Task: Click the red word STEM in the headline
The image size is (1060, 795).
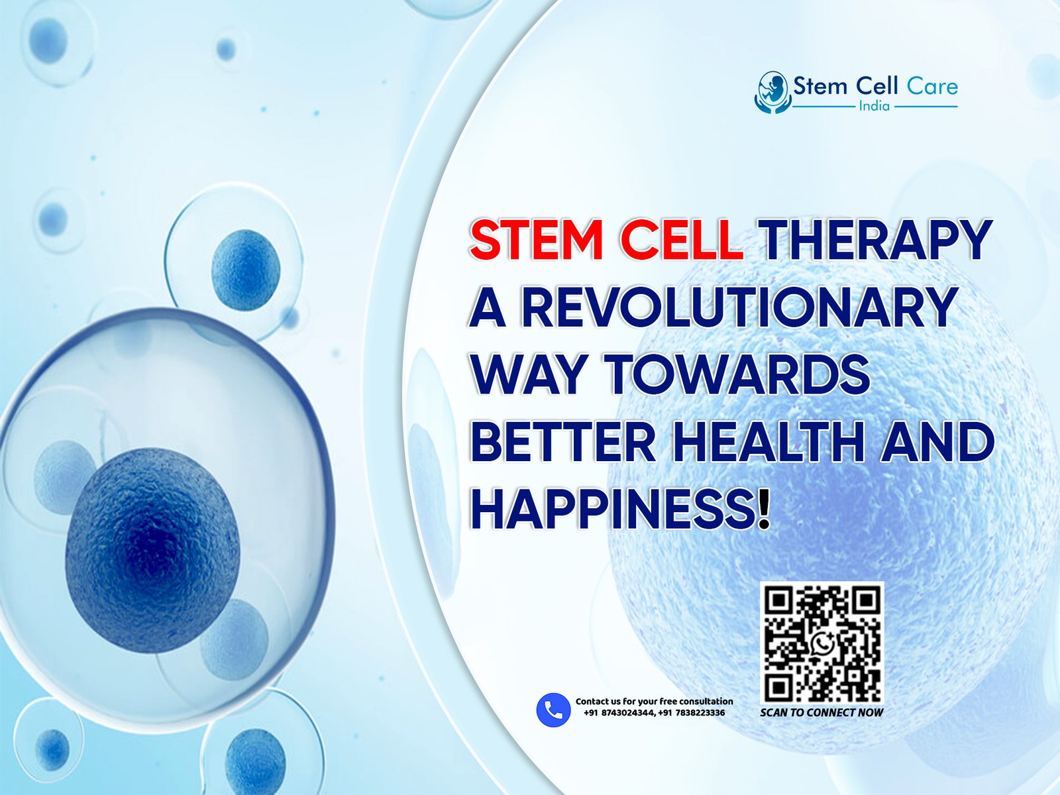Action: pos(539,240)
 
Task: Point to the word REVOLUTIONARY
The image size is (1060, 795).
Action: pos(739,307)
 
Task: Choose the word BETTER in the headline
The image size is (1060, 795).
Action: pos(562,443)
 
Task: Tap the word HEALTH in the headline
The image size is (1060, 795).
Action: pos(768,443)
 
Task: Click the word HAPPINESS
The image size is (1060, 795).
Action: pos(612,509)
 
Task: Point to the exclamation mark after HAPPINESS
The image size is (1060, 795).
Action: pos(763,509)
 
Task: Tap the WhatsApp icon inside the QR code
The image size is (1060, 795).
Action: pos(822,643)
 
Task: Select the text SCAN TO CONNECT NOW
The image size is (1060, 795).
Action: pos(821,712)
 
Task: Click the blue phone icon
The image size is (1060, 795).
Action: pos(553,710)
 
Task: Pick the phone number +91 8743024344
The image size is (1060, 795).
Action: pos(619,713)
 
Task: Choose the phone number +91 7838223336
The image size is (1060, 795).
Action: pos(691,713)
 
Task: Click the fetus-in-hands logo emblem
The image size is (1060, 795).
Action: pos(772,92)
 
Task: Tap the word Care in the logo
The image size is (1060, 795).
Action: pos(932,86)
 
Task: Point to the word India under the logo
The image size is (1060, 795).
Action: pos(874,106)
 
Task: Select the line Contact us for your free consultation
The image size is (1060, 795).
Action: pos(655,702)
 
